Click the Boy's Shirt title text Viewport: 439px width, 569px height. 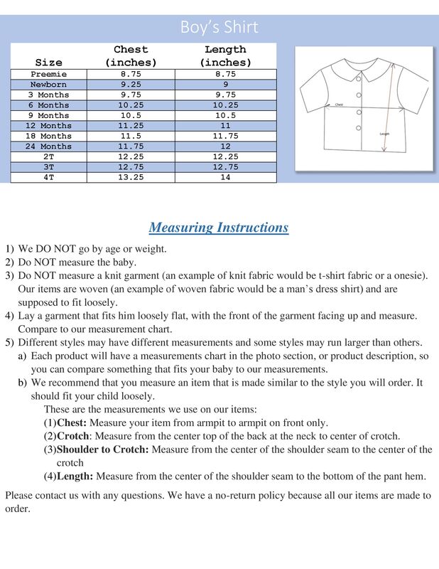coord(219,27)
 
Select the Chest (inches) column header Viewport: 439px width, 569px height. coord(131,56)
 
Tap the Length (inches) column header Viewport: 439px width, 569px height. coord(225,56)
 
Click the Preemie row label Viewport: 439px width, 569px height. coord(49,74)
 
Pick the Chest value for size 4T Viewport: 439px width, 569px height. coord(131,177)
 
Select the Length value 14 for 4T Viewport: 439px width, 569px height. coord(225,177)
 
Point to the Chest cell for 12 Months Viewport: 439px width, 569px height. coord(131,126)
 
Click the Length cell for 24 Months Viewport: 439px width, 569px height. coord(225,147)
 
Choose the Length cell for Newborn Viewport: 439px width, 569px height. coord(225,85)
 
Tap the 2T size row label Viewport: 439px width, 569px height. coord(49,156)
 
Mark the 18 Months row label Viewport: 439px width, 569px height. coord(49,136)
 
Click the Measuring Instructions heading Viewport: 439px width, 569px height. coord(219,228)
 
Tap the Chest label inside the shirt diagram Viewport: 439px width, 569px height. coord(339,105)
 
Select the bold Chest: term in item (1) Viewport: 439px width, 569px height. coord(72,422)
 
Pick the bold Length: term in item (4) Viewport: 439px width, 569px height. coord(75,477)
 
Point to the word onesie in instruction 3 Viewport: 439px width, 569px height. coord(407,276)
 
